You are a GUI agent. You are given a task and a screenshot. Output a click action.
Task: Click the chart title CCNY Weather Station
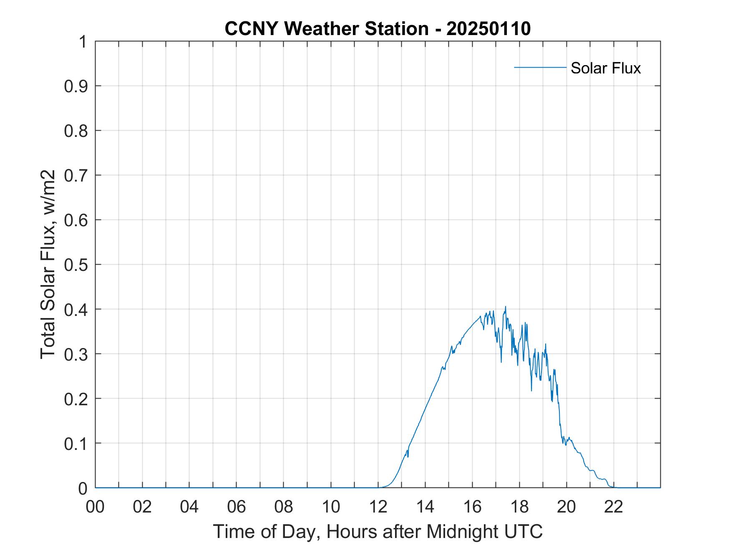pyautogui.click(x=326, y=29)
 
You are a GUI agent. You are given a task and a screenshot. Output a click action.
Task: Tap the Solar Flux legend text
pyautogui.click(x=605, y=68)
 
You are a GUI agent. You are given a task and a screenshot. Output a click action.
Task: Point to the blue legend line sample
pyautogui.click(x=540, y=67)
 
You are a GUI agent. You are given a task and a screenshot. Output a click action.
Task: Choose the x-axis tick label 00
pyautogui.click(x=95, y=507)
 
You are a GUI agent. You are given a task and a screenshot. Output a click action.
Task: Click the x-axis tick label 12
pyautogui.click(x=378, y=507)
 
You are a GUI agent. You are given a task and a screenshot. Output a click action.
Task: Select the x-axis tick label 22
pyautogui.click(x=614, y=507)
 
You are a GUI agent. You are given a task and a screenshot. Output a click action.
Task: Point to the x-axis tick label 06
pyautogui.click(x=237, y=507)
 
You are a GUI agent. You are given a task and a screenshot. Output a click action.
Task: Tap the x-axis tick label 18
pyautogui.click(x=519, y=507)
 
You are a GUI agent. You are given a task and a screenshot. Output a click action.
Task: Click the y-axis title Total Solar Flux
pyautogui.click(x=48, y=264)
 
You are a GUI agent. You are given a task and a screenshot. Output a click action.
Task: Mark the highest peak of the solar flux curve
pyautogui.click(x=506, y=307)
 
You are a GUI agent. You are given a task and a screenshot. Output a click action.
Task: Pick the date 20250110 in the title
pyautogui.click(x=488, y=29)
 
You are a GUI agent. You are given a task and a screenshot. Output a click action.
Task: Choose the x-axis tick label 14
pyautogui.click(x=425, y=507)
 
